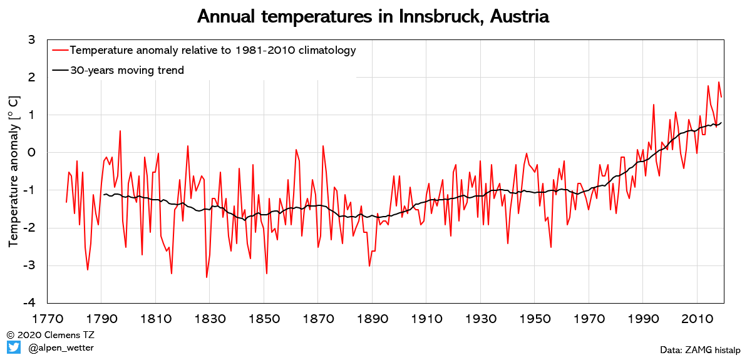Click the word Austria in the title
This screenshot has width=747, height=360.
tap(519, 16)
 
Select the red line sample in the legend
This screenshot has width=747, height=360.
tap(61, 50)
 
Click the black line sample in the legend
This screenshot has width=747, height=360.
tap(61, 70)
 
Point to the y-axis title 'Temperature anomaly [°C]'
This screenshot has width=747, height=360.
tap(13, 172)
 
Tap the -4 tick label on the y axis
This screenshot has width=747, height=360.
tap(28, 304)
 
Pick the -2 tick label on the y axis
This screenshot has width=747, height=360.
tap(28, 228)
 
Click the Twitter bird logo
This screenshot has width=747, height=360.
tap(14, 347)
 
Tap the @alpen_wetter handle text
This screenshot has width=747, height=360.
tap(61, 347)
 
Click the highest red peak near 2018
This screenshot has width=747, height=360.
tap(719, 83)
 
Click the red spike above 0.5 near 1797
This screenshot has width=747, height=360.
tap(120, 131)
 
